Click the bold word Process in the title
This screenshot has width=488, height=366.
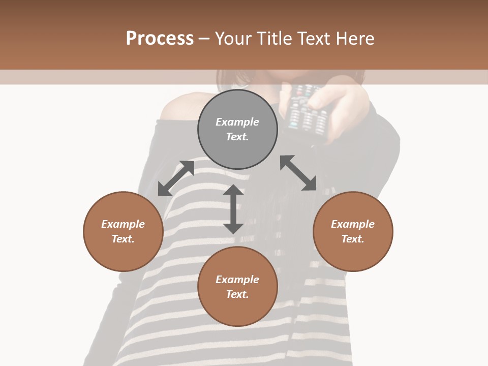click(160, 38)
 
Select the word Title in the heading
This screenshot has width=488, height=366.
click(274, 38)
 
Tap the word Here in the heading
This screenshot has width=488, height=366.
click(356, 38)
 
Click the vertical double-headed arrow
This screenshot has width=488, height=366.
click(233, 209)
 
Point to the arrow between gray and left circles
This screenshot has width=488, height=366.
click(176, 178)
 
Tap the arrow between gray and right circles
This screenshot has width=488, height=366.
click(298, 173)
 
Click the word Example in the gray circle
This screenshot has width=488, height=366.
click(237, 122)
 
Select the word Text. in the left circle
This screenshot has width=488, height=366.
click(123, 239)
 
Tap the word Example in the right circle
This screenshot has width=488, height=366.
click(353, 224)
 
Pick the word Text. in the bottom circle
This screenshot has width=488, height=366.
click(237, 294)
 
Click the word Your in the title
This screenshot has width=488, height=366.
click(232, 38)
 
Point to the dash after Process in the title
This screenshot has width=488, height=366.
click(204, 38)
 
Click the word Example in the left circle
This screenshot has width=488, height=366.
click(123, 224)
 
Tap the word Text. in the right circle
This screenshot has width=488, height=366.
click(353, 239)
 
